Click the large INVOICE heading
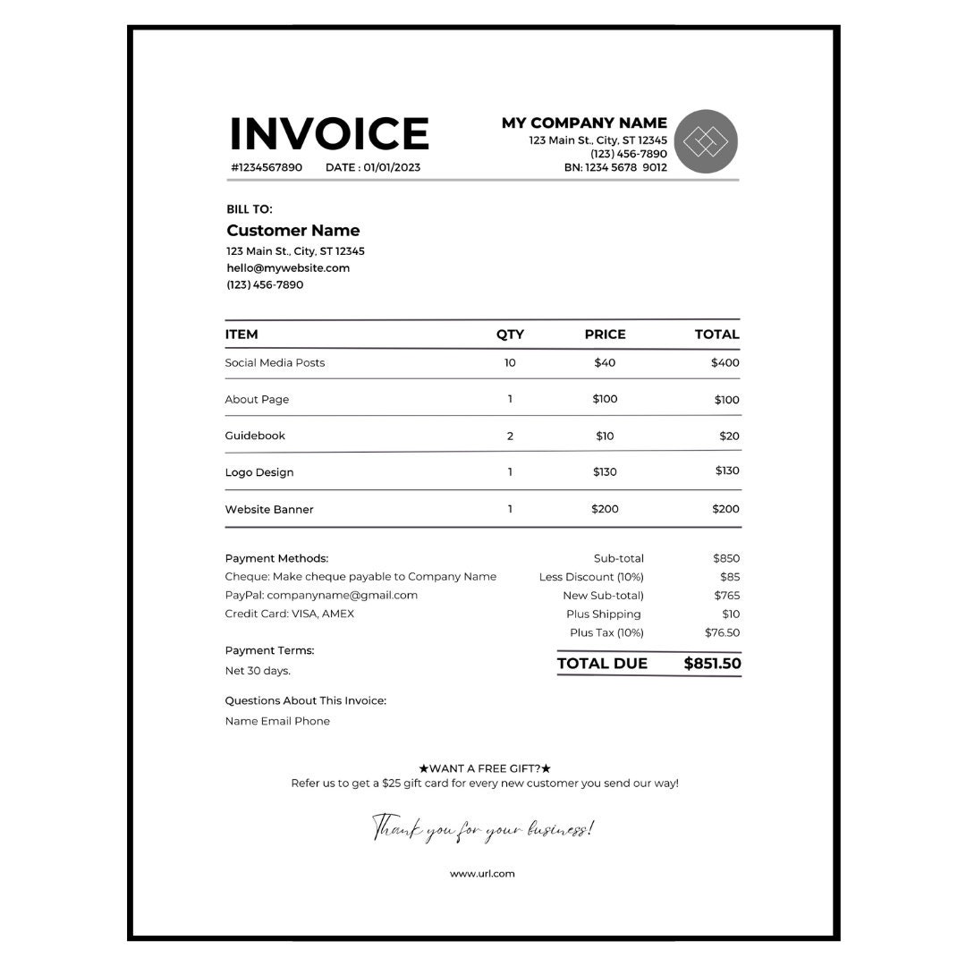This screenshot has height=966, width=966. (x=329, y=134)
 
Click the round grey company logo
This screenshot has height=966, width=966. (x=706, y=141)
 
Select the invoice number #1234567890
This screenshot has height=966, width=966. (x=267, y=167)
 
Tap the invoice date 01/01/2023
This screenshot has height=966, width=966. (x=392, y=167)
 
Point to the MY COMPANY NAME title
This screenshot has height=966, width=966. (x=584, y=123)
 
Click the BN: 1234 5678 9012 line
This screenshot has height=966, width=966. (x=615, y=167)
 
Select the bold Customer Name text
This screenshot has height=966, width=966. (x=292, y=231)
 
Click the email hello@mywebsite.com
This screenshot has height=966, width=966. (x=288, y=268)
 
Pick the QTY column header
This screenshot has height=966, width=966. (x=510, y=335)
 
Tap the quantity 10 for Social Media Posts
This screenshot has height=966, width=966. (x=510, y=363)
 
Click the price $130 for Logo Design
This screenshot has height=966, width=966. (x=605, y=472)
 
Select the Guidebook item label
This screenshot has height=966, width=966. (x=255, y=436)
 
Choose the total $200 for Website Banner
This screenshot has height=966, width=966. (x=725, y=509)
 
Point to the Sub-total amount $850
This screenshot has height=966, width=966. (x=726, y=559)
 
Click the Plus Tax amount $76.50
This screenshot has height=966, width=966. (x=722, y=633)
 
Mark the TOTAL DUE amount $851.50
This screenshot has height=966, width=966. (x=712, y=664)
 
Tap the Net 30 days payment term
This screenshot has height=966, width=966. (x=258, y=671)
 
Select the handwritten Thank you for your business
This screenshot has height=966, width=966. (x=482, y=828)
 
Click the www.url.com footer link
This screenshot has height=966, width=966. (x=482, y=874)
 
